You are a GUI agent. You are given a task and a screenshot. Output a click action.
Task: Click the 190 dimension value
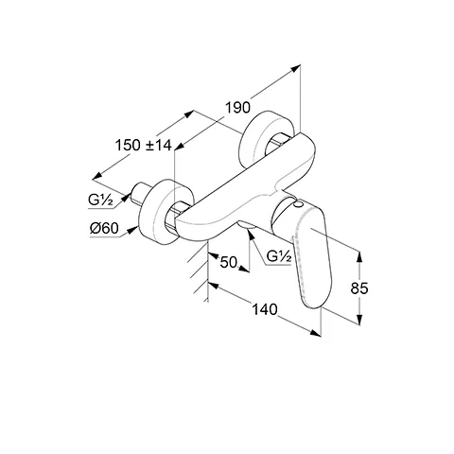[237, 108]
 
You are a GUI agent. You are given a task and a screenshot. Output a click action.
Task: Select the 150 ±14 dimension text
[144, 146]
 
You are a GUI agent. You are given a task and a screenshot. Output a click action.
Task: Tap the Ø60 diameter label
[104, 228]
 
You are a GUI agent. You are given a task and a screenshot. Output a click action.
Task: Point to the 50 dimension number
[228, 262]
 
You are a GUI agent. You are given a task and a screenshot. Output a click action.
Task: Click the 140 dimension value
[265, 309]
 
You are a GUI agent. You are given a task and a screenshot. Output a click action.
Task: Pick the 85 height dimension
[359, 288]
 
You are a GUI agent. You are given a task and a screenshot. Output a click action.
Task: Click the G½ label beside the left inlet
[100, 201]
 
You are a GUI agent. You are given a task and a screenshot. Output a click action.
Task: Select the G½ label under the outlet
[279, 256]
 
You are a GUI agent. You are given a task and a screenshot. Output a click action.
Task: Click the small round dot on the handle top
[296, 205]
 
